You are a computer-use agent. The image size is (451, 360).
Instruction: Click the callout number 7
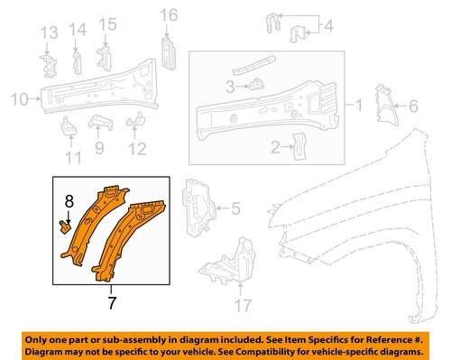pyautogui.click(x=112, y=304)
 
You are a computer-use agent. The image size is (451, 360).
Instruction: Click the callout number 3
pyautogui.click(x=231, y=87)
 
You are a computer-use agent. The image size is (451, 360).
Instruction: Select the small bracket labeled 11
pyautogui.click(x=69, y=129)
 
